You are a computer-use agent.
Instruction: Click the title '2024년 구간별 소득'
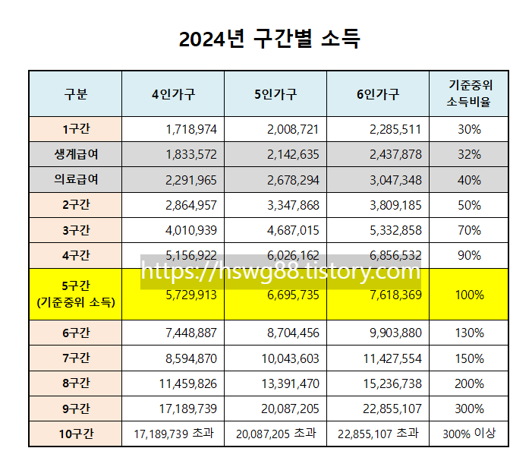269,39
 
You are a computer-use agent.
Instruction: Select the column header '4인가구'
173,94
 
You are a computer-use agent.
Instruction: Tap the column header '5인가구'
275,94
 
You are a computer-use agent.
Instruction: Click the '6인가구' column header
377,94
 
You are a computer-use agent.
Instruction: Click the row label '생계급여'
76,154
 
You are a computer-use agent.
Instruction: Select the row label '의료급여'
76,180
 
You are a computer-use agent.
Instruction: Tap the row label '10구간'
76,434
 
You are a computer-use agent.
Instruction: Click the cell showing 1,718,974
190,129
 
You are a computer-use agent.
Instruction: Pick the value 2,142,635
293,154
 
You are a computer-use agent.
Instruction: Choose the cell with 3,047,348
395,180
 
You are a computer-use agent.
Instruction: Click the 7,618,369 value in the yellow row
395,294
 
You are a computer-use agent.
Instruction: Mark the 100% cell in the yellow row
469,294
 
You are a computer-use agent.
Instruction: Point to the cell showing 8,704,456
293,333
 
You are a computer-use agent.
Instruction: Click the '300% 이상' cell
469,434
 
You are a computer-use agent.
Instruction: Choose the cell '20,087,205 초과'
275,434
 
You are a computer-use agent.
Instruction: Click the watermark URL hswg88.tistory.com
281,271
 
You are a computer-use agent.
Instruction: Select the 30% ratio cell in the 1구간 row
469,129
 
